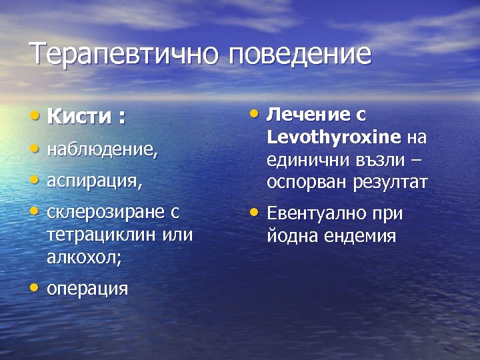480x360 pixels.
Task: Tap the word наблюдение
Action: point(101,151)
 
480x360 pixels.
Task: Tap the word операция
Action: point(87,289)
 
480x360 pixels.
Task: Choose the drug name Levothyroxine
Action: point(334,137)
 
